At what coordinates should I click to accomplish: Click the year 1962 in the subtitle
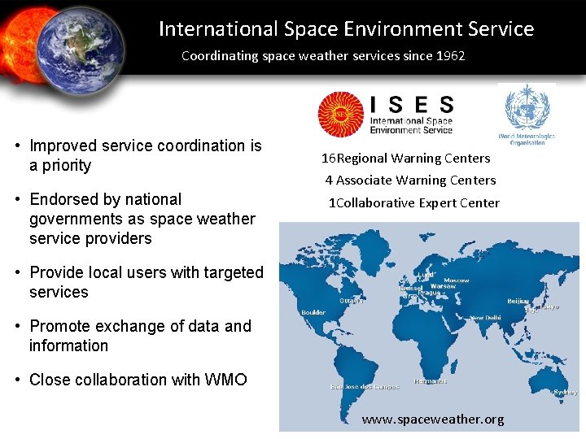pos(450,56)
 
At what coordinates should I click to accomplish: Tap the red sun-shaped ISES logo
pos(340,114)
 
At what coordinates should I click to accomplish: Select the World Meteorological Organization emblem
pos(527,110)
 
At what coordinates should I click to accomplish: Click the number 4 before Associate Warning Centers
pos(329,180)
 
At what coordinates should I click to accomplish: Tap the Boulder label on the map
pos(313,312)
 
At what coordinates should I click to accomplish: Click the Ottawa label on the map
pos(351,300)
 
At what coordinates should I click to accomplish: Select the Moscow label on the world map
pos(457,280)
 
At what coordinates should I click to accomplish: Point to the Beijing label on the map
pos(518,301)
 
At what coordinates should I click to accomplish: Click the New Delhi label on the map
pos(485,318)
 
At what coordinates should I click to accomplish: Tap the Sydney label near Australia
pos(565,392)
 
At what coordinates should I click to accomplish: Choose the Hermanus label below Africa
pos(430,380)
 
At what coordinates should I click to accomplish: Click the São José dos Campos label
pos(365,386)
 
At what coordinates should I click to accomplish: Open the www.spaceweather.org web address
pos(432,419)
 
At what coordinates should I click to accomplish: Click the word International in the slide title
pos(218,29)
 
